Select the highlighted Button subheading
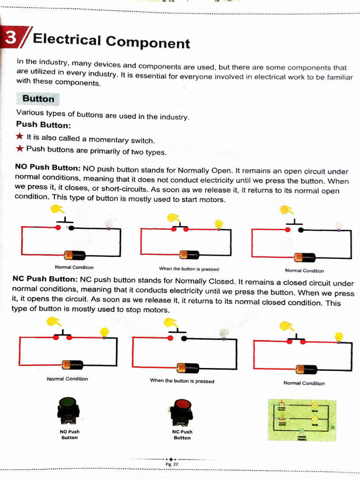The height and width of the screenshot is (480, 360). tap(38, 99)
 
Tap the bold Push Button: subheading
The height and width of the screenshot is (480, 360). tap(43, 125)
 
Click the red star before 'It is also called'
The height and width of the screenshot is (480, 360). tap(20, 137)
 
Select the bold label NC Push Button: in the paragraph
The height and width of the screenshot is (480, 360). tap(45, 279)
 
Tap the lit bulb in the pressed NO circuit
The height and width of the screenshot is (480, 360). tap(218, 224)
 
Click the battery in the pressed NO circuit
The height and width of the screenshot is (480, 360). tap(189, 255)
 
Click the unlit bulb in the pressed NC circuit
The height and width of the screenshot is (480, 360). tap(224, 333)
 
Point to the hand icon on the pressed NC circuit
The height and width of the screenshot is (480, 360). tap(171, 323)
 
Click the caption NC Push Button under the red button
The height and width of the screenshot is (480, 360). tap(182, 435)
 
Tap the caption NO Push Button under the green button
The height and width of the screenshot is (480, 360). tap(69, 435)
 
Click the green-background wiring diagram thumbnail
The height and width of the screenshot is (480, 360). tap(302, 420)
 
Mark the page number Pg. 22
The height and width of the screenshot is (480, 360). tap(172, 464)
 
